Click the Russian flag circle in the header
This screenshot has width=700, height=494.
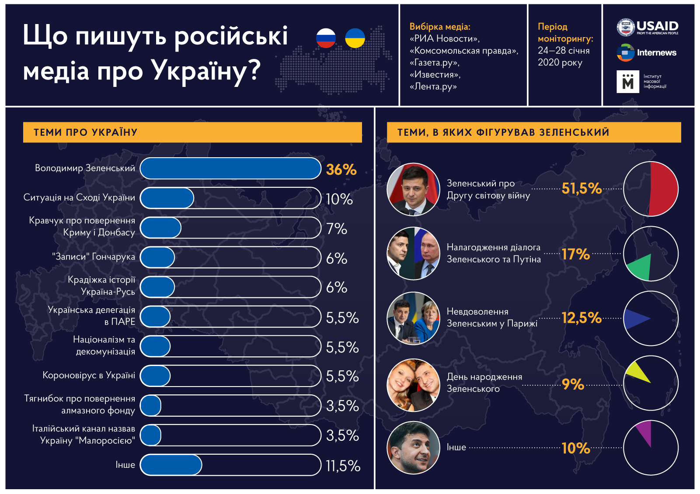(326, 38)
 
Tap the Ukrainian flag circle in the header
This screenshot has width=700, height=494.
(355, 38)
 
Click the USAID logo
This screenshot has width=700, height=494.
(648, 28)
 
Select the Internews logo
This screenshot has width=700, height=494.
(647, 53)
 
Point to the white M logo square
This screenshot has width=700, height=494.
(627, 82)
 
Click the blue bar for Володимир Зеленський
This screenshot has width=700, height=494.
(230, 169)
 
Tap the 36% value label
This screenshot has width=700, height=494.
(341, 169)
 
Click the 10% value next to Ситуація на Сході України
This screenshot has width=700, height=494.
(339, 199)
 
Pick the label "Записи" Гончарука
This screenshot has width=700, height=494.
(94, 257)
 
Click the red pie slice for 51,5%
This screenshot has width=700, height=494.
(664, 189)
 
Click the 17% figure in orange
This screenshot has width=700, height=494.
(575, 254)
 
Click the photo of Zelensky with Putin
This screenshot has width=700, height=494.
(413, 253)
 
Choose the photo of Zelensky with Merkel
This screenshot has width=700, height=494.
(413, 318)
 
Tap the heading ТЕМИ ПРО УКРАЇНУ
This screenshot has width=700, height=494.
(86, 132)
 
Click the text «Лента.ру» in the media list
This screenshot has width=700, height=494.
(433, 86)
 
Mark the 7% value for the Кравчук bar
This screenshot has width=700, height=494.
(337, 228)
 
